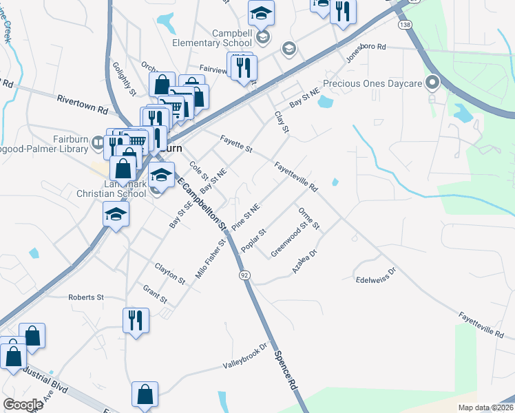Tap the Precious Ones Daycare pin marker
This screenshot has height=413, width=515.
[433, 83]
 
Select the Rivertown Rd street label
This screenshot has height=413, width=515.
[83, 104]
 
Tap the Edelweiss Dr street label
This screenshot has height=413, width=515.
[376, 275]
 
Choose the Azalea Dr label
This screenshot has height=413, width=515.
[304, 262]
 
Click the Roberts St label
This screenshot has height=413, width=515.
[85, 297]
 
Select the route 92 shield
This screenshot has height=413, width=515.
[244, 275]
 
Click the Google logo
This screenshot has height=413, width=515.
[23, 405]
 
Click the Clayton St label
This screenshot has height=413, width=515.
[170, 273]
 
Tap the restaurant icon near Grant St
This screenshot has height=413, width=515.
[136, 319]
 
